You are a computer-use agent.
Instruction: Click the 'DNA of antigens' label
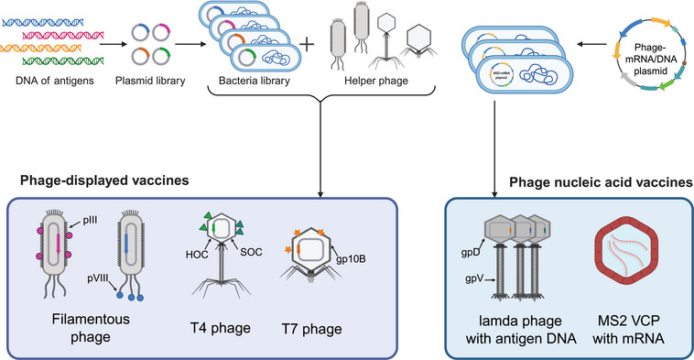pos(55,81)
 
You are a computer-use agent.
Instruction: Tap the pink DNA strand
pos(62,35)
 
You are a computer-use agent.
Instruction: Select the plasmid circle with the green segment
pos(161,56)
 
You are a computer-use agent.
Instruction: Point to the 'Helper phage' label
pos(376,81)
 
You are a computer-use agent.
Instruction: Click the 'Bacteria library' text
pos(254,81)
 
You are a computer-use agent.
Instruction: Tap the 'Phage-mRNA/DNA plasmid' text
pos(650,59)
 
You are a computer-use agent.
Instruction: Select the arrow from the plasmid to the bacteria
pos(591,44)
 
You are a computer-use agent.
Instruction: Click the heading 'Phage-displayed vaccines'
pos(104,180)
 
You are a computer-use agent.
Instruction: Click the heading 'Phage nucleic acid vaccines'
pos(601,182)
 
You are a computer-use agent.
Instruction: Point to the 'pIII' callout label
pos(90,220)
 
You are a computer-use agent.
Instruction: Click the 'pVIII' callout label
pos(97,279)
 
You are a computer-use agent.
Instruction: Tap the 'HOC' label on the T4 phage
pos(197,254)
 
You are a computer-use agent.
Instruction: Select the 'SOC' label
pos(251,252)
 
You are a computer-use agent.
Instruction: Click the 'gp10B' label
pos(351,259)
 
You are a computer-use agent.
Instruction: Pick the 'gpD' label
pos(470,253)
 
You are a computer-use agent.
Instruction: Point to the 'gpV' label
pos(474,279)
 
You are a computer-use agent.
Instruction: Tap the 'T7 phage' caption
pos(311,329)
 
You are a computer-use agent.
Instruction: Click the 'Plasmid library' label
pos(150,81)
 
